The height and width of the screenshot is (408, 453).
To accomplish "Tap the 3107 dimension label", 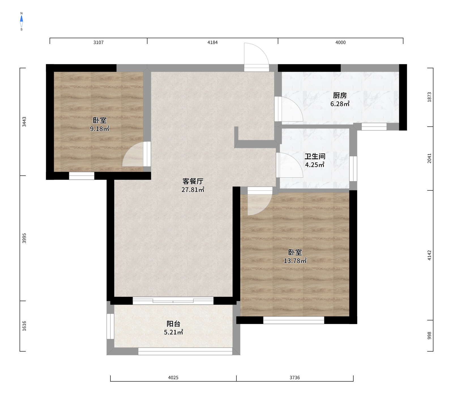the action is coord(99,42).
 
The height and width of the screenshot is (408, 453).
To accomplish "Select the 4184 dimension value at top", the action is coord(213,42).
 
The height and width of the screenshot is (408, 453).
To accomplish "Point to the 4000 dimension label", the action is coord(341,42).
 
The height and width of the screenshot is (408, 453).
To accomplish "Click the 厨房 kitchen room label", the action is coord(340,95).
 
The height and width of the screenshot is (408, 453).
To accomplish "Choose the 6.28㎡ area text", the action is coord(340,104).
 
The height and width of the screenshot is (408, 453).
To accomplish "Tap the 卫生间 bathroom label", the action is coord(315,156).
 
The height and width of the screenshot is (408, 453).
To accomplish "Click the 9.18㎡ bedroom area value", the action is coord(100,129).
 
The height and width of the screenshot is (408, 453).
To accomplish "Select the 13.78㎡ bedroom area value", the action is coord(295,261).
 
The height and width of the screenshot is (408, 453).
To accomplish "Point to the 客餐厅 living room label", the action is coord(193,181).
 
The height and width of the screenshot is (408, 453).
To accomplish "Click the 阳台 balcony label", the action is coord(173,324).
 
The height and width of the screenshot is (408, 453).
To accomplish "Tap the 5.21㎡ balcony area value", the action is coord(173,332).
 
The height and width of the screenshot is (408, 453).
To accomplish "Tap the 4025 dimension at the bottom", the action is coord(173,377).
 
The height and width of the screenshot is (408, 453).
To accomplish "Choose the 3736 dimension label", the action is coord(295,377).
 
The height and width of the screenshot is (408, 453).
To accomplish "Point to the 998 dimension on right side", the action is coord(430,335).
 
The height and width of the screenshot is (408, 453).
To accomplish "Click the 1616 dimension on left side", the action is coord(24,326).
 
